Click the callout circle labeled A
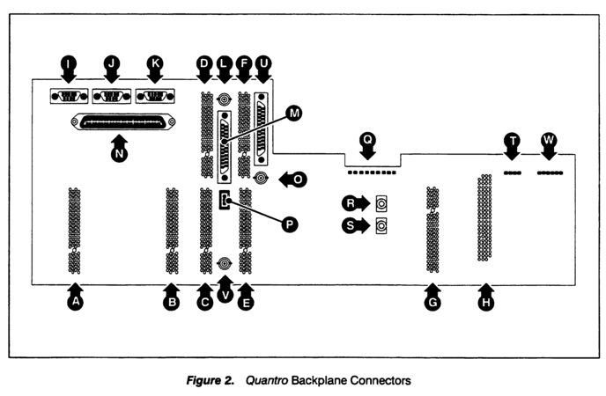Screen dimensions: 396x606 pos(75,301)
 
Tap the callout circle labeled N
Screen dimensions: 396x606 pos(121,152)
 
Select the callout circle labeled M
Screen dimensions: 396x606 pos(294,114)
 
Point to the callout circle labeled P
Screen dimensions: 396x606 pos(288,224)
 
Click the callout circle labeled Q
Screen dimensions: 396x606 pos(367,139)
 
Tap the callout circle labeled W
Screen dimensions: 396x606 pos(549,139)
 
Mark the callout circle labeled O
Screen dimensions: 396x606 pos(299,179)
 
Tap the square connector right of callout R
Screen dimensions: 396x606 pos(381,203)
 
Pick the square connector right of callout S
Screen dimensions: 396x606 pos(381,226)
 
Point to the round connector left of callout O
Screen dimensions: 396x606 pos(262,179)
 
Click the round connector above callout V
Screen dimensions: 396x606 pos(225,263)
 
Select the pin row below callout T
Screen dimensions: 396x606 pos(512,173)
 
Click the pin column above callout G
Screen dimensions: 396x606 pos(432,229)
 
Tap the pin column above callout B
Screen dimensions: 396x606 pos(172,229)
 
